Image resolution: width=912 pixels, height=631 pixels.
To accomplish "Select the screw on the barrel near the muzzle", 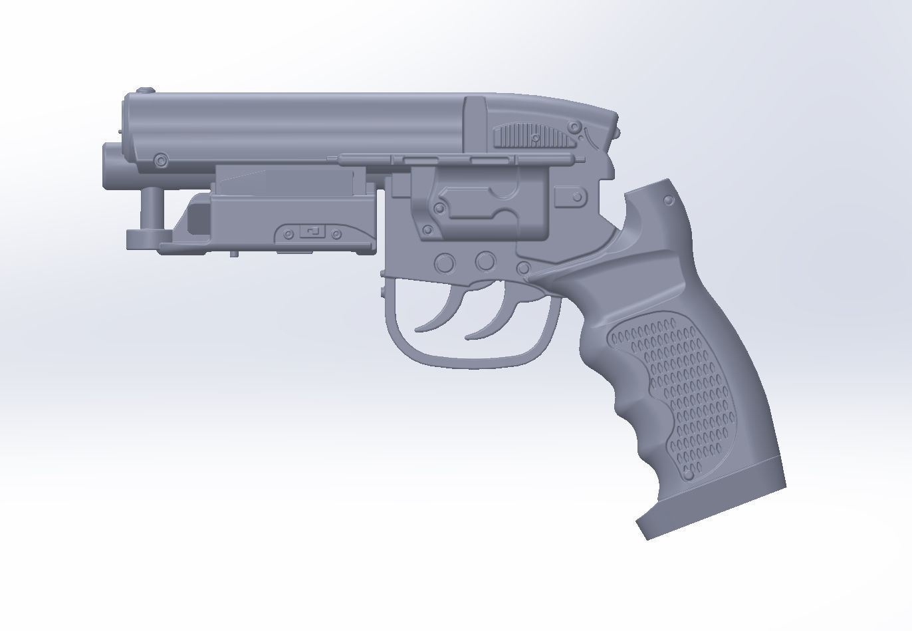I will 160,160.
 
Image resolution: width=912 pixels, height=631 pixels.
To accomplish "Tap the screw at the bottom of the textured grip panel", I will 689,476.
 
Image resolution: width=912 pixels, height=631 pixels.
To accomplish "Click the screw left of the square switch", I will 288,234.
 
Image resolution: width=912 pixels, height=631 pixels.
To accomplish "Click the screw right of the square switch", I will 336,234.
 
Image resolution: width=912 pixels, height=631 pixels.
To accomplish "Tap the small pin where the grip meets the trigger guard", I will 524,268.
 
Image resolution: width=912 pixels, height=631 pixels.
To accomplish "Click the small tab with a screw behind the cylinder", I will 571,197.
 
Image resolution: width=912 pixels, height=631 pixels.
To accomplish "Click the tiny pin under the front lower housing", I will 235,253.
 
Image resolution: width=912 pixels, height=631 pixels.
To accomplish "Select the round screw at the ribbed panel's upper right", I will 574,127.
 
